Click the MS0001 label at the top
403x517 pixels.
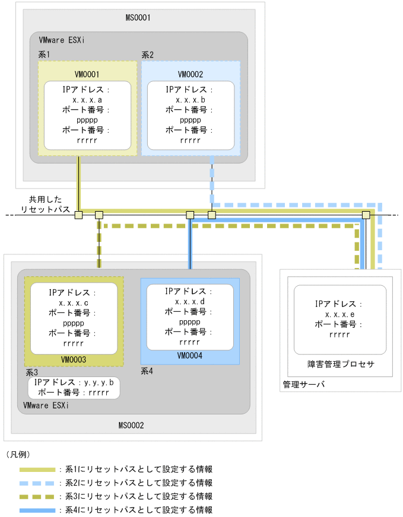point(138,18)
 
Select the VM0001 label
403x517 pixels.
point(87,75)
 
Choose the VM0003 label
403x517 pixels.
point(73,360)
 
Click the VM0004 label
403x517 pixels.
point(189,356)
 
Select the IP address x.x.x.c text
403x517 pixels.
point(73,303)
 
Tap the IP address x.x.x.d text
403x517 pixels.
point(189,302)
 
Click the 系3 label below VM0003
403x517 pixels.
point(31,372)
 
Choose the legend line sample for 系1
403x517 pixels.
point(37,469)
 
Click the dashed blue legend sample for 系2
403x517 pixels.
point(37,483)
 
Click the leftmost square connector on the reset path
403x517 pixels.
point(78,215)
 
